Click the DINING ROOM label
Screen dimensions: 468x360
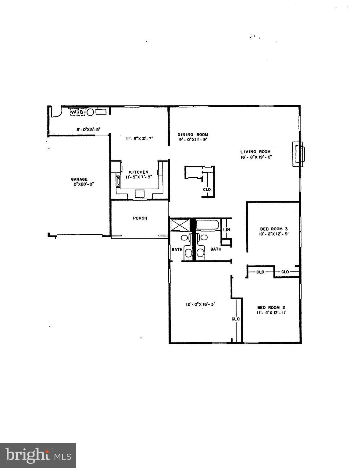[x=193, y=135]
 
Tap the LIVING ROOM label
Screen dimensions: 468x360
[x=255, y=152]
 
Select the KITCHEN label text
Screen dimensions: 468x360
[x=139, y=172]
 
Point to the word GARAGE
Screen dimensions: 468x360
[x=79, y=179]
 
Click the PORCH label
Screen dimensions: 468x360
[x=140, y=218]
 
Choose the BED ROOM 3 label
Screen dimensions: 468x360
[x=274, y=229]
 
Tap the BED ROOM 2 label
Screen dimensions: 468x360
[x=271, y=307]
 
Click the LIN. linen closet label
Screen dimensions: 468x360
[x=227, y=230]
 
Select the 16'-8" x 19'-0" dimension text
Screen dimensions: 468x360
[x=256, y=157]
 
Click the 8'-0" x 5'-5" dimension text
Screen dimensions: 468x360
[x=88, y=129]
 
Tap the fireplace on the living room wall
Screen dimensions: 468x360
[x=298, y=154]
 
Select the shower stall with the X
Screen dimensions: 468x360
[x=180, y=225]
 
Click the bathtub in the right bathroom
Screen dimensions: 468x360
[x=207, y=225]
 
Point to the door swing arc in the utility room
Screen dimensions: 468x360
[x=56, y=112]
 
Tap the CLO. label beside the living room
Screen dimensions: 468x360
[x=207, y=189]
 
